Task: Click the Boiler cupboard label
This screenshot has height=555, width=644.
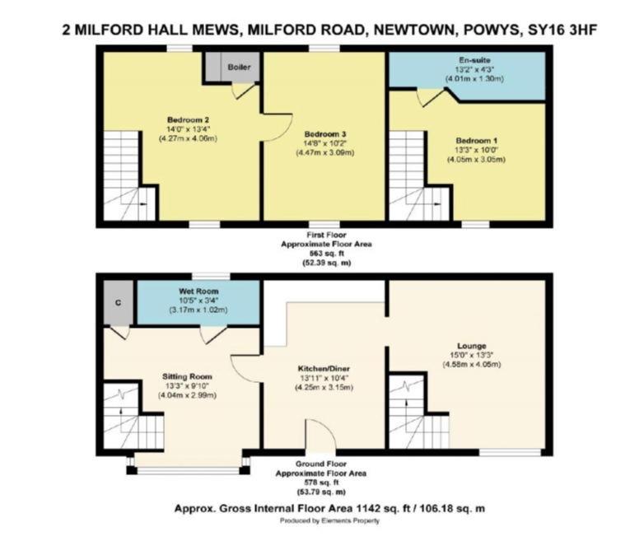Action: (239, 67)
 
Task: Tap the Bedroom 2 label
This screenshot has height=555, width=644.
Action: (188, 120)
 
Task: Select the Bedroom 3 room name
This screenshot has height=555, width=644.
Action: (324, 134)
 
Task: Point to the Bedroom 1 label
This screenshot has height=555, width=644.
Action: (476, 141)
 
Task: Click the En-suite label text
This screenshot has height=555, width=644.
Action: (474, 60)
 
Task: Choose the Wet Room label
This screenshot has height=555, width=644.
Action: (198, 291)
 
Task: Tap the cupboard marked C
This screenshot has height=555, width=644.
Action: (119, 303)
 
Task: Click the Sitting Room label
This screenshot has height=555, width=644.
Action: (187, 376)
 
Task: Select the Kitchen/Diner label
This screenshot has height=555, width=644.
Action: (324, 369)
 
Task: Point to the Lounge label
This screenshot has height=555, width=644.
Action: (472, 346)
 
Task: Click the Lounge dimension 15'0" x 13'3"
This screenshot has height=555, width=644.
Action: (472, 355)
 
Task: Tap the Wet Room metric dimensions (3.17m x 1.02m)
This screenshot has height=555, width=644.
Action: (198, 310)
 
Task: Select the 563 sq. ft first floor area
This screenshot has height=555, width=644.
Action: (326, 253)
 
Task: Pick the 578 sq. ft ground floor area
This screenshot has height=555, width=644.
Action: (321, 483)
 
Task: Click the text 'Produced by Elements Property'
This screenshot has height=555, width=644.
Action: (329, 520)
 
